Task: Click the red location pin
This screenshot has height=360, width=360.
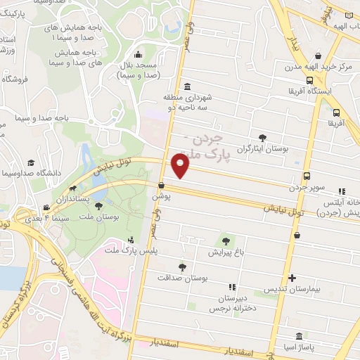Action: pos(181,166)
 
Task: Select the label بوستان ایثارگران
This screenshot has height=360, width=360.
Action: pos(263,149)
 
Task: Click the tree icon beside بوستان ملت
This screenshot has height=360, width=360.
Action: pos(98,206)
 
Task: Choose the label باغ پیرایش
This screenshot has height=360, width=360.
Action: pos(226,251)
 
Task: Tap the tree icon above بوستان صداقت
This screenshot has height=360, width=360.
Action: pos(183,266)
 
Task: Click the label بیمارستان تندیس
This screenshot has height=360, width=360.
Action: pos(290,289)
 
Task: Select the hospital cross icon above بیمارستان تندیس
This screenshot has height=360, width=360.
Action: pos(292,278)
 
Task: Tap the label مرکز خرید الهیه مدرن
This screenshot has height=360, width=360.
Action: pos(317,67)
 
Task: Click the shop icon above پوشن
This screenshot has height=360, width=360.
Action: pos(162,186)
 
